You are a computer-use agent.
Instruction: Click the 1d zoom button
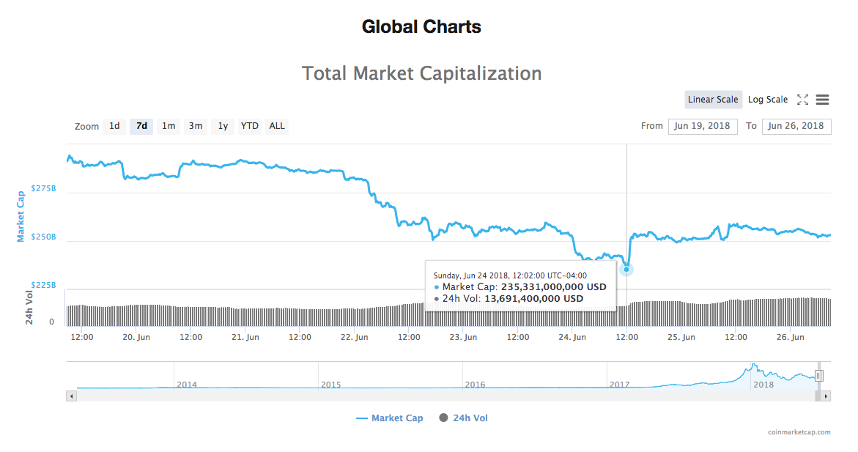coord(114,126)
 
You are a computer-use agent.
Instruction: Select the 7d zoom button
coord(141,126)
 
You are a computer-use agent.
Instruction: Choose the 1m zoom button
coord(169,126)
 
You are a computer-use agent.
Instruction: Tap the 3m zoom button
coord(196,126)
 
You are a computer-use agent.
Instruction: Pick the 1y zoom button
coord(223,126)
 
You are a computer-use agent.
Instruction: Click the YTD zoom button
coord(250,126)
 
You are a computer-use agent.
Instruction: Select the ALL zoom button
coord(277,126)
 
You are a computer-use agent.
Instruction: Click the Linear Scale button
coord(713,100)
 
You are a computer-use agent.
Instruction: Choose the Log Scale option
coord(768,100)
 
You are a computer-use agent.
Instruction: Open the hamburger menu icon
coord(822,100)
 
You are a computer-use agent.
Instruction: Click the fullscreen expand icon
coord(802,100)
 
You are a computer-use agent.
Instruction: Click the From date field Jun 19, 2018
coord(702,126)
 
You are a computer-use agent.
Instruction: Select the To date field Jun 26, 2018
coord(796,126)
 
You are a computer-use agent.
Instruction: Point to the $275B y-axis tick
coord(43,189)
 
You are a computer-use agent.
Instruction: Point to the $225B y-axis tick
coord(43,285)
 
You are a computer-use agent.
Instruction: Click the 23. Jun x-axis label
coord(463,338)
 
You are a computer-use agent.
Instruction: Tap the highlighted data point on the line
coord(626,270)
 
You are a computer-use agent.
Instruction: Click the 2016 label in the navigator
coord(475,384)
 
